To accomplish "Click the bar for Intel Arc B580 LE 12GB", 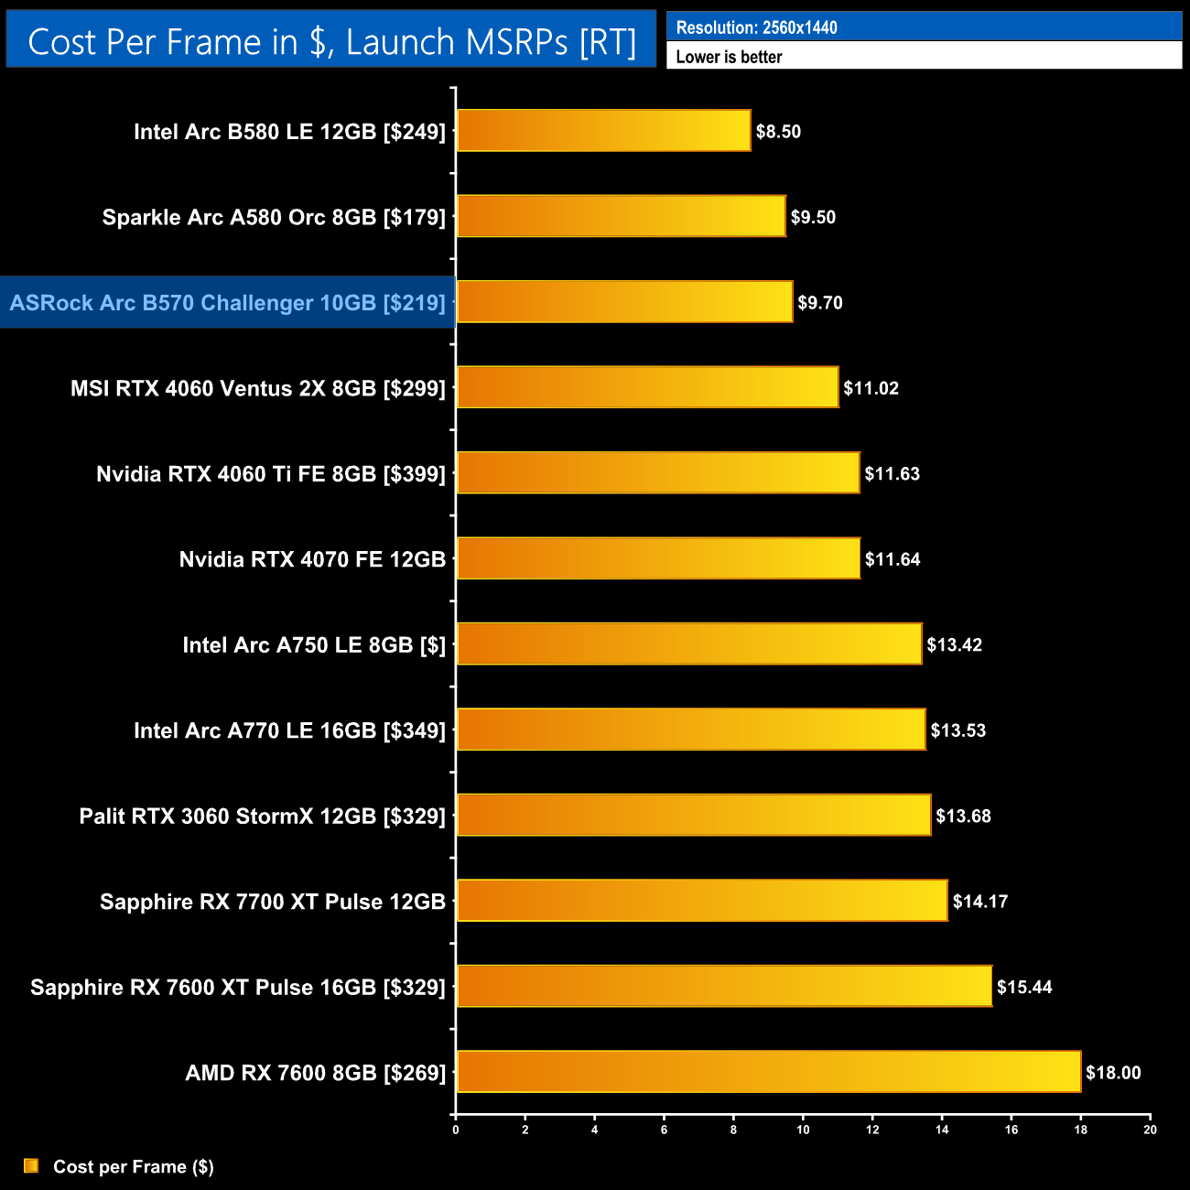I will [x=603, y=131].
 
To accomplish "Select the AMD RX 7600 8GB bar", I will [x=768, y=1072].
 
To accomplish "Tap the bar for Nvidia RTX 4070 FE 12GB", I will [x=658, y=558].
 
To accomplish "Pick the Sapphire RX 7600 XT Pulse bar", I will [x=724, y=987].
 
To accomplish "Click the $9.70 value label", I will [x=819, y=303].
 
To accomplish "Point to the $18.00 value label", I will [x=1113, y=1073].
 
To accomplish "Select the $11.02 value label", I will [x=871, y=388].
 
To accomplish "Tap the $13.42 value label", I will [x=954, y=645].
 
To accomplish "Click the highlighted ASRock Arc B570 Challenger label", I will [x=227, y=303].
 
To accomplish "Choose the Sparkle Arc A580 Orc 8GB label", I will [x=274, y=218].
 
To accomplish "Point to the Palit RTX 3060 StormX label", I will [x=262, y=817].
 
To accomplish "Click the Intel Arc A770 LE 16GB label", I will [x=289, y=730].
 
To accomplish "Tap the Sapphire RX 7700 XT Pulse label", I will [x=272, y=902].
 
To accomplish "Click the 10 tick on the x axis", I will [x=803, y=1130].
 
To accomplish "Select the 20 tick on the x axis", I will [x=1150, y=1130].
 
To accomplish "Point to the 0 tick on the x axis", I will [x=456, y=1130].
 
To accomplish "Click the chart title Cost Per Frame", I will [x=331, y=42].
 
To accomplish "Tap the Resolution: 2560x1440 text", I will [x=756, y=27].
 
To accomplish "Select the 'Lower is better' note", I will [x=729, y=57].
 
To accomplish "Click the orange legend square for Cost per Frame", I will [x=31, y=1165].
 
